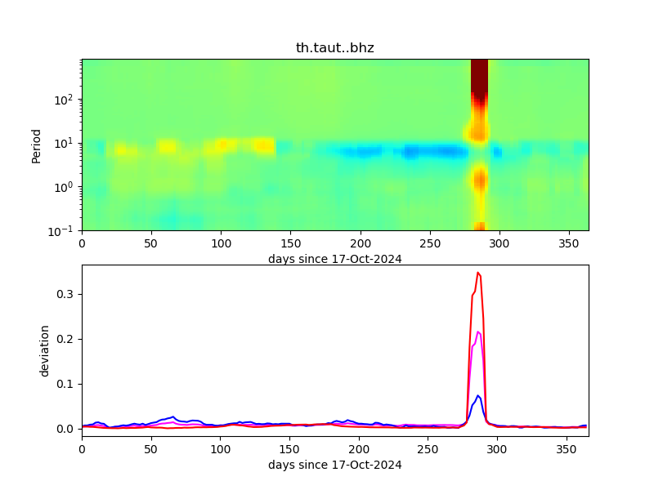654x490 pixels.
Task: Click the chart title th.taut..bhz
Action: pyautogui.click(x=334, y=48)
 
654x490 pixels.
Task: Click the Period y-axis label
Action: pyautogui.click(x=36, y=145)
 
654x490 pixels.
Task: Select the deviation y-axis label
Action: pyautogui.click(x=45, y=350)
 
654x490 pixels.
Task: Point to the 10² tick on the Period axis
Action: pyautogui.click(x=67, y=100)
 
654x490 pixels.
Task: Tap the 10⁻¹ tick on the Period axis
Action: pyautogui.click(x=67, y=230)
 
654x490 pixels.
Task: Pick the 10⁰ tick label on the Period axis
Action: pyautogui.click(x=67, y=187)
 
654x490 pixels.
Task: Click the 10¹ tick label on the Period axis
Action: pyautogui.click(x=67, y=143)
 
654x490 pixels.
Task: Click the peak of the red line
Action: pyautogui.click(x=478, y=272)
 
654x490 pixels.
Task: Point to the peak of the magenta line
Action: pyautogui.click(x=478, y=332)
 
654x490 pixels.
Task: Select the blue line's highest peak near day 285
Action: pyautogui.click(x=478, y=395)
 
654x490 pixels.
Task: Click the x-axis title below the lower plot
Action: pyautogui.click(x=334, y=465)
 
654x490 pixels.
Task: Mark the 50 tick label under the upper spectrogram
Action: pyautogui.click(x=151, y=243)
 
